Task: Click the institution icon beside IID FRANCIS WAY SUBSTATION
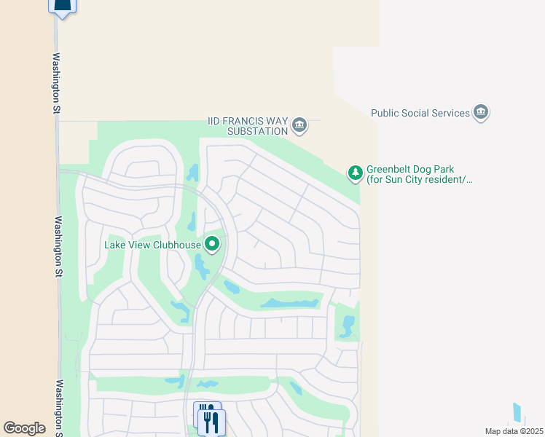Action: point(299,126)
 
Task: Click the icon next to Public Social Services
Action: point(481,112)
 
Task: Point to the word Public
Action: point(385,113)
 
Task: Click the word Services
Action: point(451,113)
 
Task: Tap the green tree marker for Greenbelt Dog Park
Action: point(355,173)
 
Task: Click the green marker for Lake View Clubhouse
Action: point(212,244)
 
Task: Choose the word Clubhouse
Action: point(175,245)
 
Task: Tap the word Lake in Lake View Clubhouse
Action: point(115,245)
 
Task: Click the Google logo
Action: point(25,428)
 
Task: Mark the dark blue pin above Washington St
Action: point(63,7)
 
